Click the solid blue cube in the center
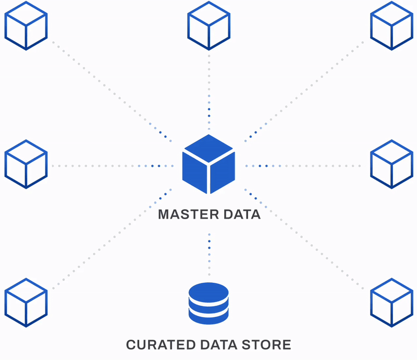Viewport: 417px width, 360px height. coord(208,164)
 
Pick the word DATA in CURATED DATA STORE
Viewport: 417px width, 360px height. coord(221,345)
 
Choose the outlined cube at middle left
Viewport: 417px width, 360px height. coord(26,164)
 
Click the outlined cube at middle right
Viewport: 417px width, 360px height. coord(391,164)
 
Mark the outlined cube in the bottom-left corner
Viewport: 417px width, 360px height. coord(26,303)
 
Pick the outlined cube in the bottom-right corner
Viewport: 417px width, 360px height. coord(391,303)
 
